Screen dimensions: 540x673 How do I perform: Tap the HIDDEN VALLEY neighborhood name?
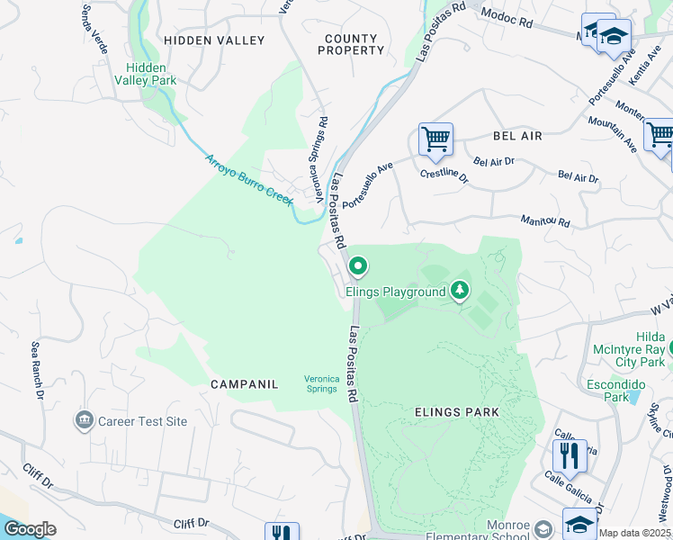click(x=214, y=40)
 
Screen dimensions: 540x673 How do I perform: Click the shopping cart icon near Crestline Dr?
click(x=435, y=139)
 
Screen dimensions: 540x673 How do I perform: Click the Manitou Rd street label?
click(x=545, y=221)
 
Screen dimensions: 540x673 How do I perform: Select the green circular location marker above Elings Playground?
click(x=358, y=265)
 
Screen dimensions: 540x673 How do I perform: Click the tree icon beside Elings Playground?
click(x=461, y=290)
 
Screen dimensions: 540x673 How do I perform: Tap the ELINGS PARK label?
click(x=457, y=412)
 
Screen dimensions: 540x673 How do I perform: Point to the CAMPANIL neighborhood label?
click(x=244, y=384)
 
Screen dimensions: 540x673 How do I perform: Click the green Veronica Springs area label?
click(x=321, y=384)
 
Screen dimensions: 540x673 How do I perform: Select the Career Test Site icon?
click(x=85, y=419)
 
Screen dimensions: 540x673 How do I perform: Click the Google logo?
click(x=30, y=529)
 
